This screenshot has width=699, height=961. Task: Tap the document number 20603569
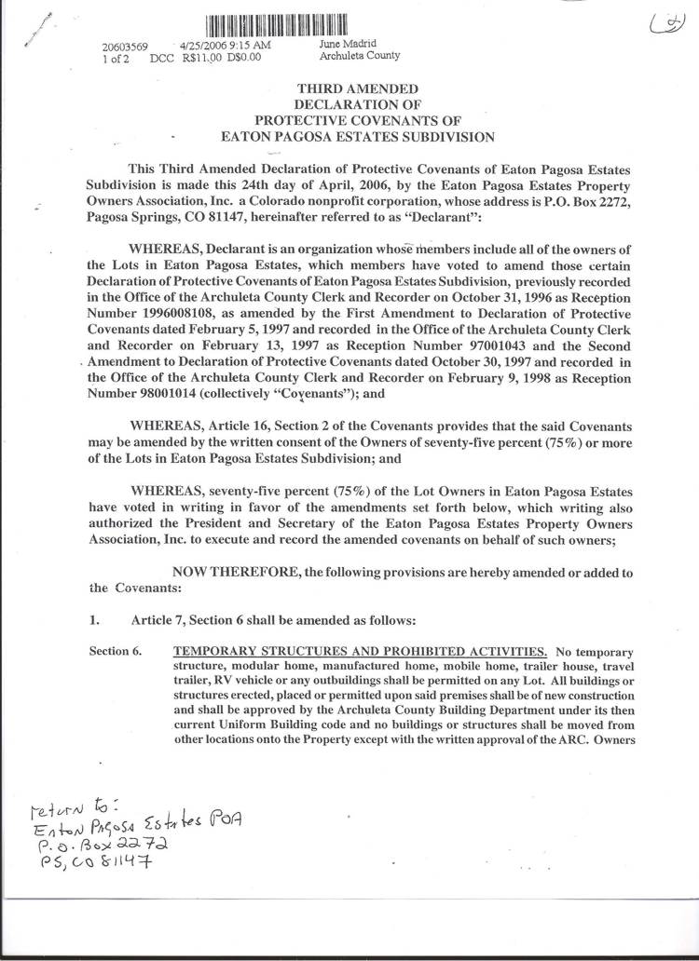click(x=125, y=45)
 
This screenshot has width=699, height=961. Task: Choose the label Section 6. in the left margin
click(x=115, y=651)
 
